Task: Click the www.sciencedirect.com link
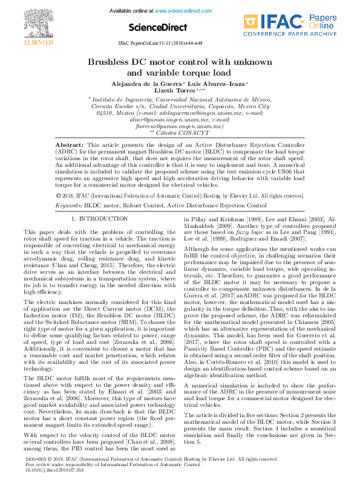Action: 180,11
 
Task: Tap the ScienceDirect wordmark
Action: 156,28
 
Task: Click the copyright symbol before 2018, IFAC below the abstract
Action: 58,196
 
